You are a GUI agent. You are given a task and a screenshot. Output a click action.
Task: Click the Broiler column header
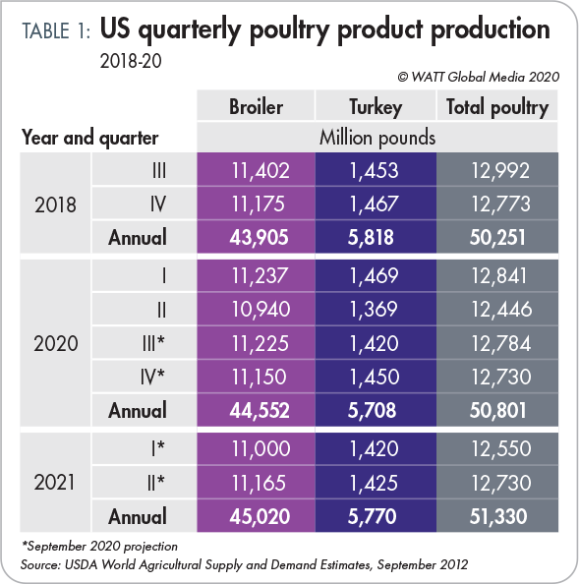click(x=257, y=106)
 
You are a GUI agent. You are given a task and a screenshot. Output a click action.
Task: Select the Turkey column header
click(x=375, y=106)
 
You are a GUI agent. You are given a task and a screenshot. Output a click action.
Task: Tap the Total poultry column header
click(x=497, y=106)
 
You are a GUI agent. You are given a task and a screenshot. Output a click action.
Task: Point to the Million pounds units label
click(x=377, y=137)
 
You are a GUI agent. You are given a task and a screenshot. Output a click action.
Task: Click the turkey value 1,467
click(x=375, y=204)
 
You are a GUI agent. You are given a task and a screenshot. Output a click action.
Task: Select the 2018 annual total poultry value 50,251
click(x=497, y=236)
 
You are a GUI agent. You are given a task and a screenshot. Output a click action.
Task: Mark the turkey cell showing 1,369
click(x=375, y=310)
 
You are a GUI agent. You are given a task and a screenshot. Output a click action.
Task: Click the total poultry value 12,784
click(x=497, y=343)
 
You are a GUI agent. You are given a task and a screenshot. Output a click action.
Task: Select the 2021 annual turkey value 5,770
click(x=375, y=516)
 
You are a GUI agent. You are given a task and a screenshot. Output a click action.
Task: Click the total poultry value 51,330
click(x=497, y=516)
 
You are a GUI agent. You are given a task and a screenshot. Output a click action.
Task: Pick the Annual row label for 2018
click(x=138, y=237)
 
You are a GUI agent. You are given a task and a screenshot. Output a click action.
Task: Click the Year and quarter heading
click(x=89, y=138)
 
